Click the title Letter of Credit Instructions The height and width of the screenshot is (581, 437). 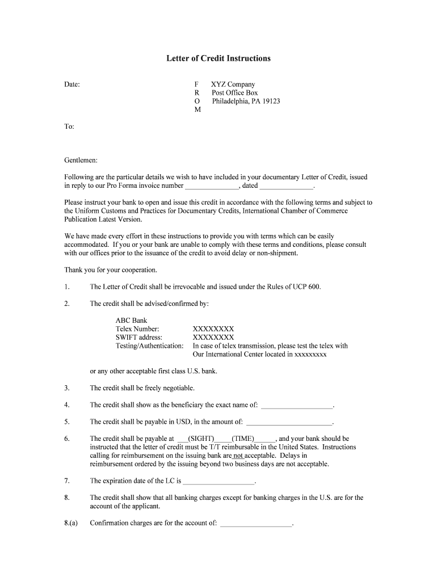point(218,58)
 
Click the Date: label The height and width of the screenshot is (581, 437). point(72,85)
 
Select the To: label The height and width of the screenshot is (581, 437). point(69,127)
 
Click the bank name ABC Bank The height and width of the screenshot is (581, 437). point(131,321)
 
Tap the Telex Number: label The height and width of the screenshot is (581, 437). point(137,329)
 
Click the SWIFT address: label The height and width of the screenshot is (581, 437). point(139,337)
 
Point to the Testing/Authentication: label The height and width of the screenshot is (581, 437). point(149,346)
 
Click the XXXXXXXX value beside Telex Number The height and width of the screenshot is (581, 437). point(213,329)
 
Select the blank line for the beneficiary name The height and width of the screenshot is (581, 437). point(297,405)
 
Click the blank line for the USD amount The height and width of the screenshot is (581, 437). point(289,422)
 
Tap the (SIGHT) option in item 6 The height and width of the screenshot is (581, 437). point(201,439)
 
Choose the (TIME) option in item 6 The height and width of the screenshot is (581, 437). point(242,439)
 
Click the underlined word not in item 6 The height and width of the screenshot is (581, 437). point(238,455)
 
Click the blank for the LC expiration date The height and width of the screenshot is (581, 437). point(219,481)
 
